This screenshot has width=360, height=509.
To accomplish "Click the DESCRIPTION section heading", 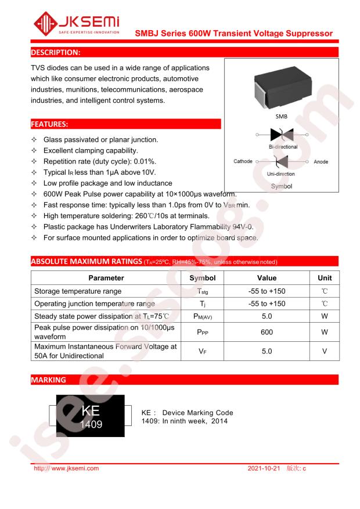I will coord(56,53).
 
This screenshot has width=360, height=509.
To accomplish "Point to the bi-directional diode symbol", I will coord(282,135).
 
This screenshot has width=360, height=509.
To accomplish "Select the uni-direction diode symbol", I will coord(281,161).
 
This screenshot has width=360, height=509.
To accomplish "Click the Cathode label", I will coord(243,161).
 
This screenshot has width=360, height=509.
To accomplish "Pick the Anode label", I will coord(321,161).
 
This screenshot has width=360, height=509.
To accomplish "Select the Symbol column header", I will coord(202,279).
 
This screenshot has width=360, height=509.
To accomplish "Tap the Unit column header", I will coord(325,279).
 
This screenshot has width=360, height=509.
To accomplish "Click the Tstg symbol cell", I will coord(202,291).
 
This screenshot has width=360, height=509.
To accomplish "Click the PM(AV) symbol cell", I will coord(202,317).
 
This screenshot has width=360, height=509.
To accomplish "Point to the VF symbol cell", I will coord(202,352).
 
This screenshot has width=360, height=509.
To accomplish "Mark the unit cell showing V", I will coord(325,352).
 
